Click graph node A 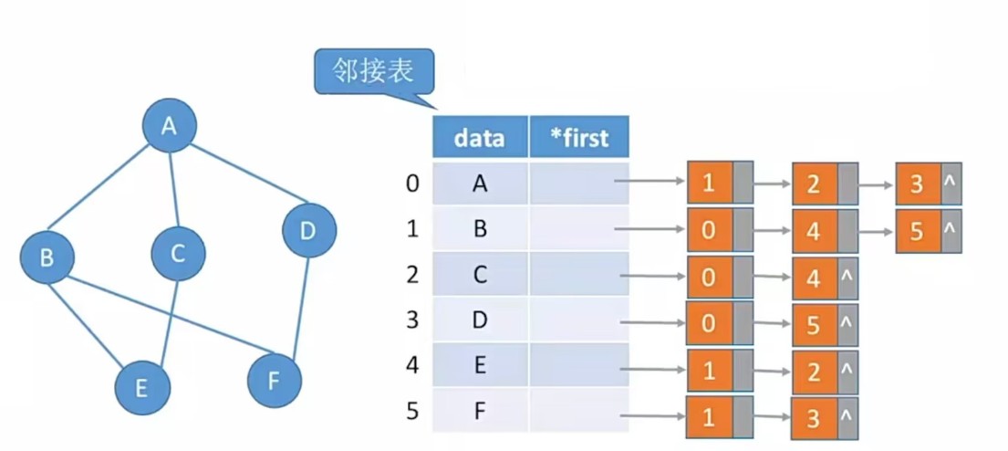(x=169, y=126)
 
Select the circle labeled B (x=47, y=257)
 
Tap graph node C (x=177, y=253)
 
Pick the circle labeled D (x=308, y=231)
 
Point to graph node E (x=141, y=387)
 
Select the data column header (x=480, y=138)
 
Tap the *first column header (x=578, y=138)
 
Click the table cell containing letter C (x=480, y=275)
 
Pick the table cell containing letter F (x=480, y=411)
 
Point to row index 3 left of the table (x=413, y=320)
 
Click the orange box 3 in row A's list (x=917, y=185)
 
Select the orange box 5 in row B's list (x=917, y=231)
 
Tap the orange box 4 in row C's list (x=814, y=278)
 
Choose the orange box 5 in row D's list (x=814, y=325)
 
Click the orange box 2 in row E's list (x=814, y=371)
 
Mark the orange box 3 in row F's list (x=814, y=417)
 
